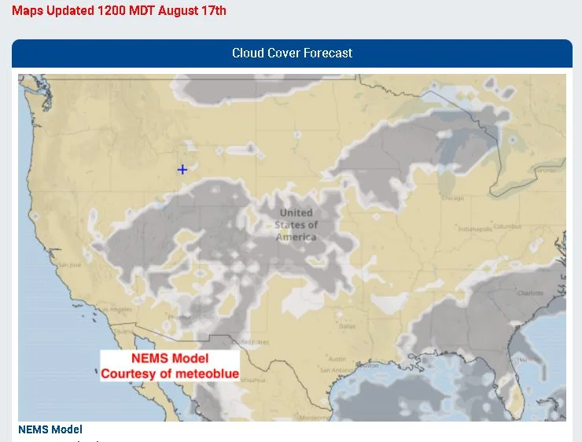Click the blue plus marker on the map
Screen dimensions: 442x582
click(182, 169)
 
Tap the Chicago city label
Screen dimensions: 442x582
click(452, 198)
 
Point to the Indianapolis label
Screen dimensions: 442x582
click(475, 230)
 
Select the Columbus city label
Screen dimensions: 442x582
click(507, 227)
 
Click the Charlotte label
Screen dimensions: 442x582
click(529, 293)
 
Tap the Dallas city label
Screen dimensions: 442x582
click(347, 326)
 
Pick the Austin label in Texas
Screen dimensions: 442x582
click(337, 359)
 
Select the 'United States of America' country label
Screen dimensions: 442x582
click(297, 225)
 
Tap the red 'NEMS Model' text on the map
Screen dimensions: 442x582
click(170, 359)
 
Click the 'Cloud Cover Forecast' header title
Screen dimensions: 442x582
click(292, 53)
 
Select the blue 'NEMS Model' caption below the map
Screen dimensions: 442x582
click(50, 429)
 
